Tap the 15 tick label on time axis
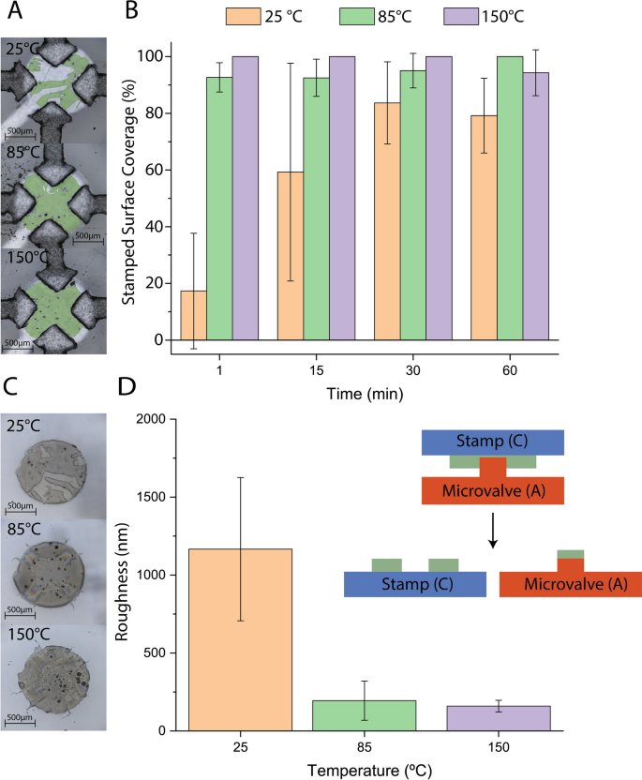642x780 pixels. tap(317, 370)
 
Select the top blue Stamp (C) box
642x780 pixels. tap(492, 442)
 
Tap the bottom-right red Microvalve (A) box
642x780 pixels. tap(571, 584)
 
